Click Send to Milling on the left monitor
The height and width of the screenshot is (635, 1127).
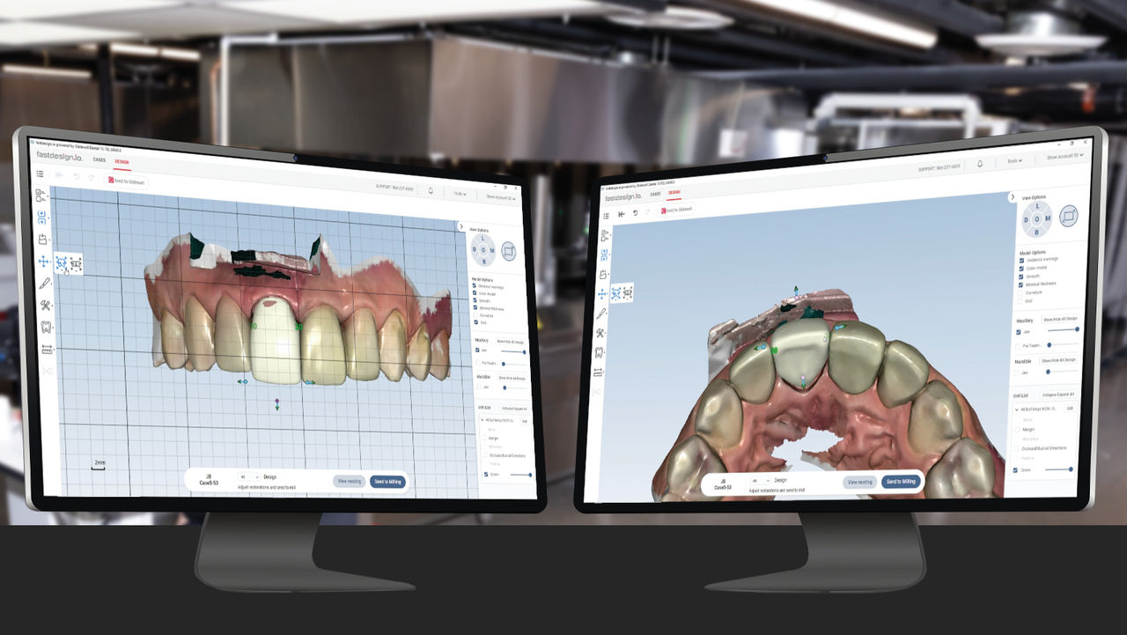point(387,482)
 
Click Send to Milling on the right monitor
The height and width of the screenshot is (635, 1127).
point(901,482)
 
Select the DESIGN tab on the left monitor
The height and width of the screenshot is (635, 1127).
point(122,161)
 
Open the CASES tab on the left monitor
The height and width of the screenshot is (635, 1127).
point(99,159)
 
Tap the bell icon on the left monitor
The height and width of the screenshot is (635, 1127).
point(431,190)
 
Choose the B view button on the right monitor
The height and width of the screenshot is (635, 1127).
point(1036,232)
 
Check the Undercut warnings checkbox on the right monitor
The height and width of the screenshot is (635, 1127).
point(1019,259)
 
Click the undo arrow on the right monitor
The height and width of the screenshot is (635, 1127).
point(636,213)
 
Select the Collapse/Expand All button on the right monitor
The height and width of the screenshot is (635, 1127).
point(1058,395)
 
